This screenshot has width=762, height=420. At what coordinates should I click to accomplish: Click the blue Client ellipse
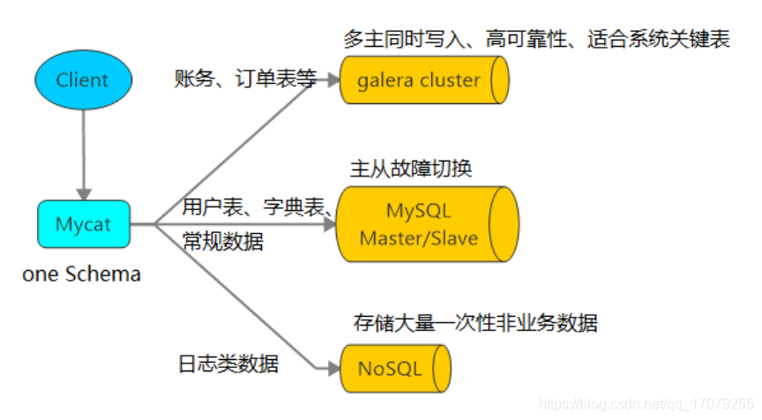[x=83, y=80]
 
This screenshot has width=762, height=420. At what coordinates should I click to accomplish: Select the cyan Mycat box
[x=84, y=224]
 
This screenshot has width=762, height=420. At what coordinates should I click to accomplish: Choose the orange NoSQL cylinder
[x=395, y=368]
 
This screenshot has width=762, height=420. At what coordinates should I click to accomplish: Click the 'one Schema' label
[x=81, y=274]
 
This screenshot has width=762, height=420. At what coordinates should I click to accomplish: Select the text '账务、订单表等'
[x=245, y=79]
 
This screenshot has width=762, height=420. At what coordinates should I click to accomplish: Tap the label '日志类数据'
[x=228, y=363]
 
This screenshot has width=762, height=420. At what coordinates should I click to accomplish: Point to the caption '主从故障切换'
[x=411, y=169]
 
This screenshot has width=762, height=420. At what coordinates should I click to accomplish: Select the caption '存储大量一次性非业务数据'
[x=474, y=323]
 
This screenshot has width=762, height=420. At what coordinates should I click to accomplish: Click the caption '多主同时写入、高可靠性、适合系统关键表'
[x=537, y=40]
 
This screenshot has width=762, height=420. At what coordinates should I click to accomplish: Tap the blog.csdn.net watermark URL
[x=647, y=403]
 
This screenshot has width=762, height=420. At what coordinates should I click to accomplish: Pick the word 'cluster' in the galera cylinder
[x=450, y=80]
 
